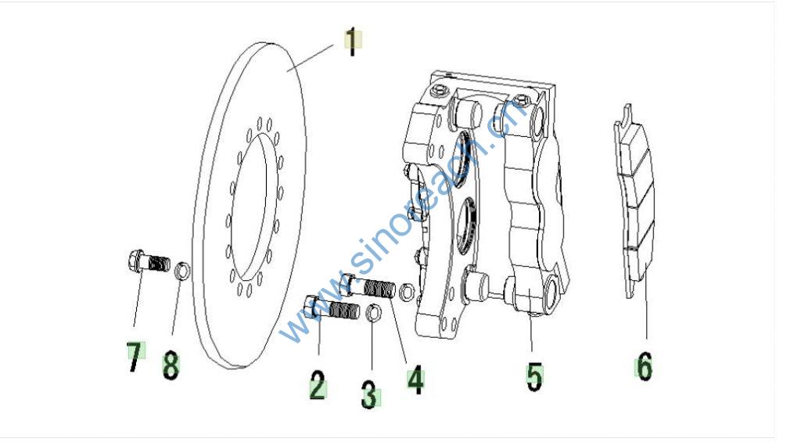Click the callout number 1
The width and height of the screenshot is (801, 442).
352,41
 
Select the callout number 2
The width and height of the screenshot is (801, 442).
318,385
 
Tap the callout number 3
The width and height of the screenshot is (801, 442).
369,394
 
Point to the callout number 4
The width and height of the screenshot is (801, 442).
416,379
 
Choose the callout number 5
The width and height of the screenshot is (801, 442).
534,377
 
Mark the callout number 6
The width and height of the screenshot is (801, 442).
645,366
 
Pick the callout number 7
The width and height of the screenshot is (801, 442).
135,358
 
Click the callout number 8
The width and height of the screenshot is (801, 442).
171,366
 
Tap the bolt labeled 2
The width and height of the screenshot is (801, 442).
332,309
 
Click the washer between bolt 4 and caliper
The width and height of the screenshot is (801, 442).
407,292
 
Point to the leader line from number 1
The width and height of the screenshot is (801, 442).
310,57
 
